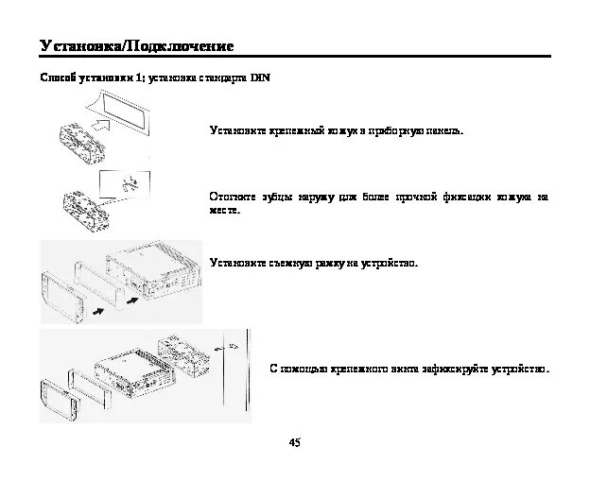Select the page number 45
click(x=294, y=442)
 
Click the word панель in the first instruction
click(x=442, y=129)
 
